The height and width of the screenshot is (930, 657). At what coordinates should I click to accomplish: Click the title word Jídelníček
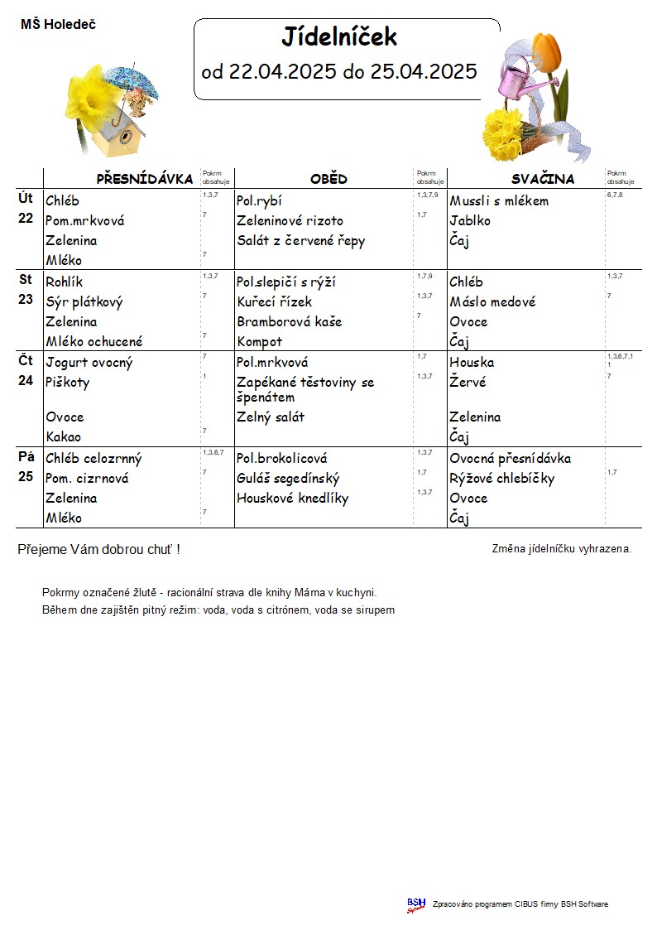point(339,37)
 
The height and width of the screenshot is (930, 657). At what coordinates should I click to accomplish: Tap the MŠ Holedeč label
point(58,25)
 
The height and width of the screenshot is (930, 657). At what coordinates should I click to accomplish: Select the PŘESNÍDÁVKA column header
point(145,179)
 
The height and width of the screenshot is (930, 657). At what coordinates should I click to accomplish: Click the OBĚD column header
point(328,179)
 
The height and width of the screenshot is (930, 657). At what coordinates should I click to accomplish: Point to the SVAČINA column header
point(542,179)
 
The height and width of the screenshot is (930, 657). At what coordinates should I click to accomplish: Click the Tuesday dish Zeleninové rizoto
point(290,221)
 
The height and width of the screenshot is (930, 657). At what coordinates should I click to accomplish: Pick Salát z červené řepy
point(300,241)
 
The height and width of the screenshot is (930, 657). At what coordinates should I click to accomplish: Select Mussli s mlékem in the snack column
point(499,201)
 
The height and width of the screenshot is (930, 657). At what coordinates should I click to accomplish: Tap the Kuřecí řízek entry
point(274,302)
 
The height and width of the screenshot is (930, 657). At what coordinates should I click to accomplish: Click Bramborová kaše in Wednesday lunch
point(289,321)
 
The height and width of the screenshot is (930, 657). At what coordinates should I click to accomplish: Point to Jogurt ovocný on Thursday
point(89,363)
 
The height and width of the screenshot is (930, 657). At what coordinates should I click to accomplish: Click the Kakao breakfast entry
point(64,436)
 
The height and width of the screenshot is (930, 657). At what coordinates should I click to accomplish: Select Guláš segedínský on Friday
point(288,479)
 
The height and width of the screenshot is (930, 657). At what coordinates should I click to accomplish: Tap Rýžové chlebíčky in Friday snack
point(501,479)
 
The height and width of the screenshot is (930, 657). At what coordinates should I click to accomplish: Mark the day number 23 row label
point(26,300)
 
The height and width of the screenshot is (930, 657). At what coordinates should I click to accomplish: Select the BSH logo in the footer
point(415,904)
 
